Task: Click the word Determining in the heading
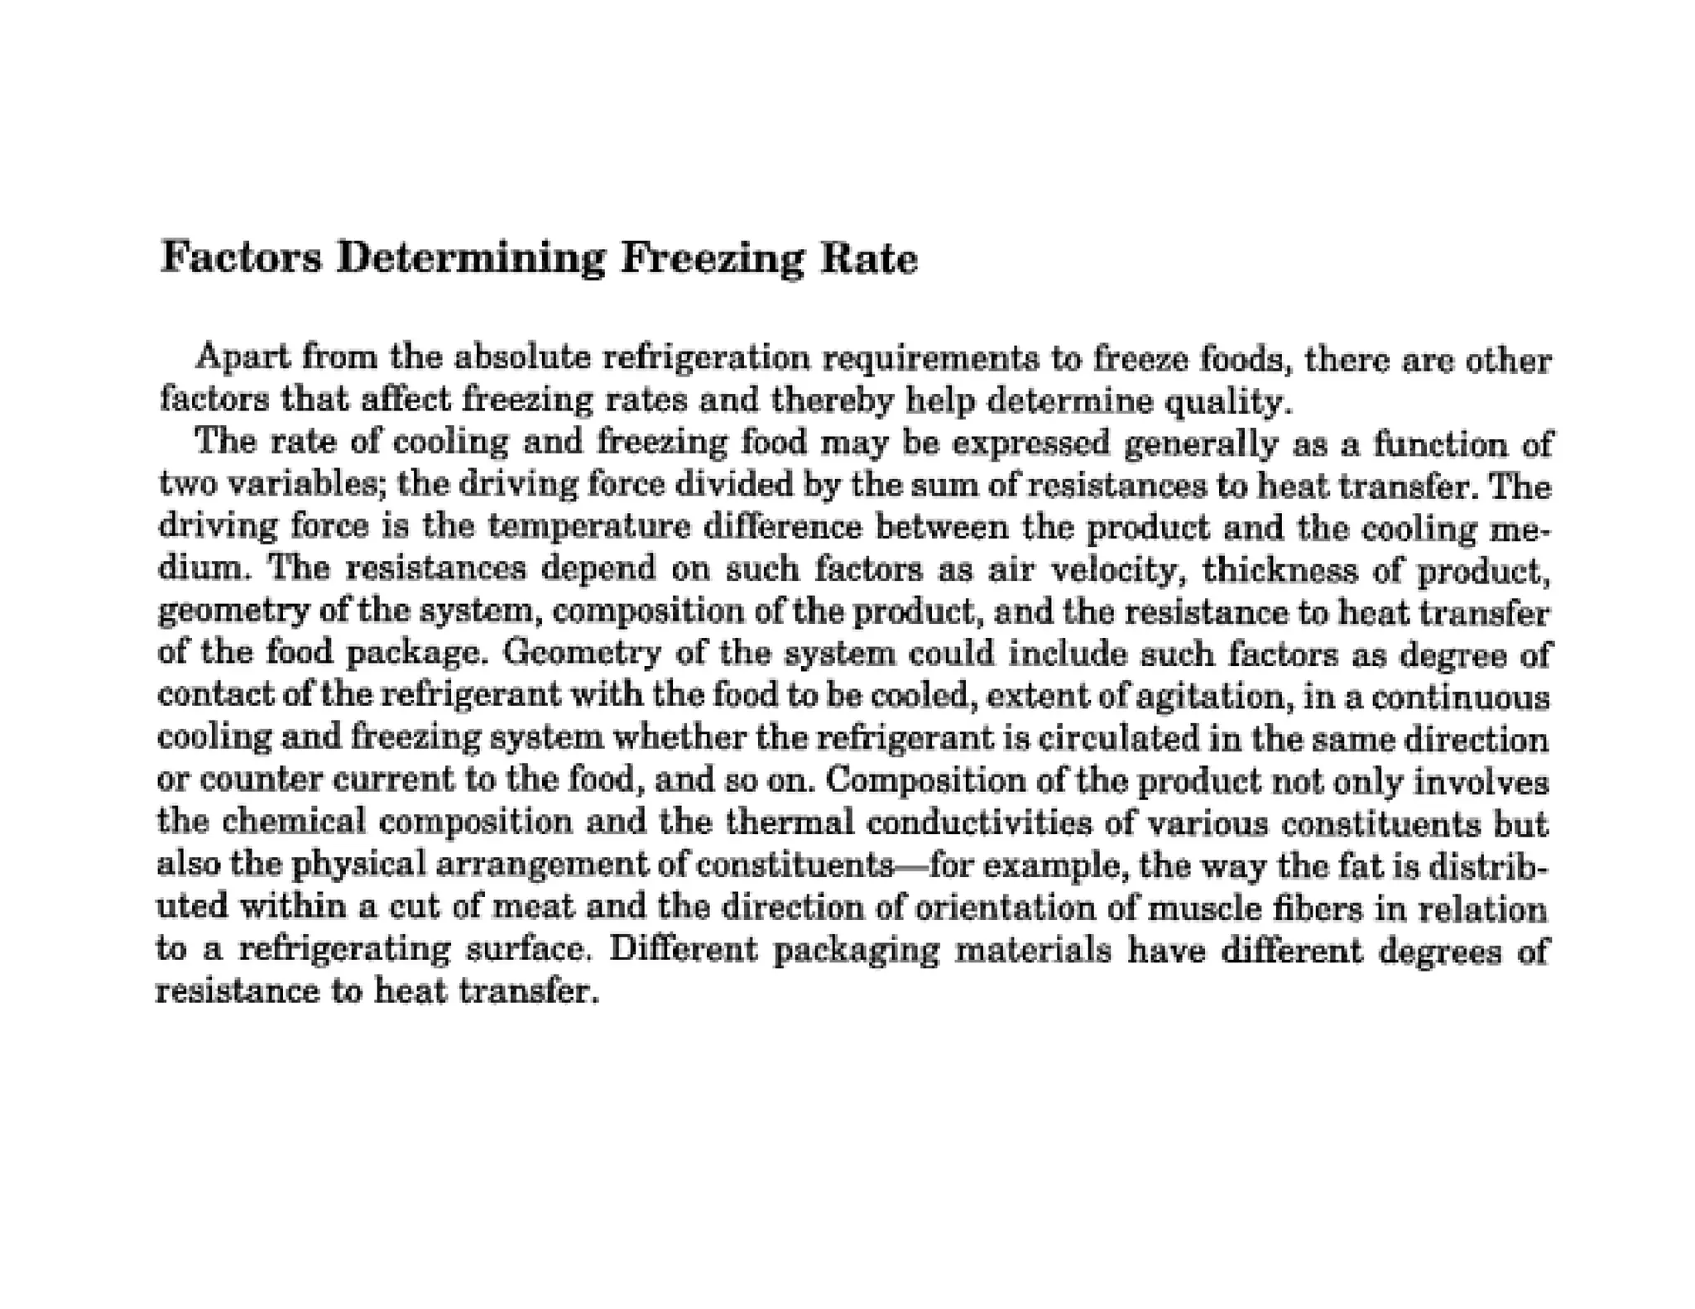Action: pyautogui.click(x=471, y=258)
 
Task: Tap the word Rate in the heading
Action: pyautogui.click(x=868, y=258)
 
